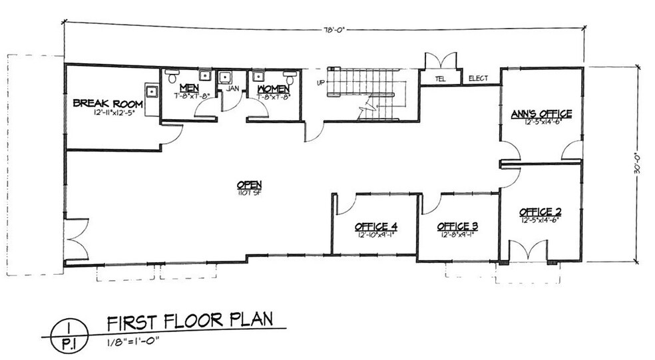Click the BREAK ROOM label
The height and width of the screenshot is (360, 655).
point(104,102)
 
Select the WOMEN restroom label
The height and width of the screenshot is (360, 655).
point(273,88)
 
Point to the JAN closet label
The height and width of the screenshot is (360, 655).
point(232,88)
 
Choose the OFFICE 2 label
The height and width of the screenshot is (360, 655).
point(541,212)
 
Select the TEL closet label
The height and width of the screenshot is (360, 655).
point(440,79)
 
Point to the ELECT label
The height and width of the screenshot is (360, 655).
point(478,79)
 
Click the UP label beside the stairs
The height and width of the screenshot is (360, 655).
point(320,83)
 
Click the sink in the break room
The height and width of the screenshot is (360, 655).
point(152,90)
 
